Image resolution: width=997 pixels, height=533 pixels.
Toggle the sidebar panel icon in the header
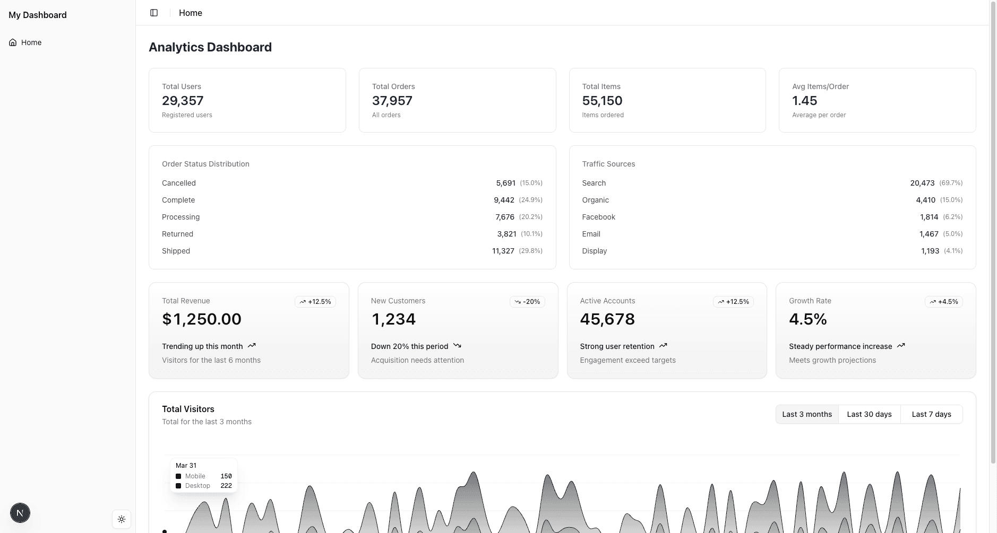tap(154, 13)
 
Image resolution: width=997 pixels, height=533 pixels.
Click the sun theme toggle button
tap(122, 519)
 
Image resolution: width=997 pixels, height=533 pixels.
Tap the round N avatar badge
tap(20, 513)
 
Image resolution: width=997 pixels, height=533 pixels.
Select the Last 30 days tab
tap(869, 414)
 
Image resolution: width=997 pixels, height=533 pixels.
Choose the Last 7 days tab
tap(931, 414)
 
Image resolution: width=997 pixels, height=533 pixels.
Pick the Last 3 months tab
tap(807, 414)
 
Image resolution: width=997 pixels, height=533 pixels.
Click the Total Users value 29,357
tap(183, 101)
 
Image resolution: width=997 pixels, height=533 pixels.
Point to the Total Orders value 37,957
tap(392, 101)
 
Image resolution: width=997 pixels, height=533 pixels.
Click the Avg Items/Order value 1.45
tap(805, 101)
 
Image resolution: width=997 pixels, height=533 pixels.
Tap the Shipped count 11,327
tap(503, 251)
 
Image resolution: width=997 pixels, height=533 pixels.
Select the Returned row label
tap(177, 234)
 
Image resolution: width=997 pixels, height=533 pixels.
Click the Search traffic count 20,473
tap(922, 183)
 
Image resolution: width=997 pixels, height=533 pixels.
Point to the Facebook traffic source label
tap(598, 217)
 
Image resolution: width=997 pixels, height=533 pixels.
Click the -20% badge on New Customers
tap(527, 302)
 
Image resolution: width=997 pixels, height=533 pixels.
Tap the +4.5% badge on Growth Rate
tap(943, 302)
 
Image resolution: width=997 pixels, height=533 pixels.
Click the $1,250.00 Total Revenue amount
tap(202, 319)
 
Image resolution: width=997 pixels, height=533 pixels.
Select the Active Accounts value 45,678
tap(607, 319)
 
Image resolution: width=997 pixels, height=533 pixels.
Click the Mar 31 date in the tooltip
tap(186, 466)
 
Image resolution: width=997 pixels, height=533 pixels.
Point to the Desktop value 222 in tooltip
tap(226, 486)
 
